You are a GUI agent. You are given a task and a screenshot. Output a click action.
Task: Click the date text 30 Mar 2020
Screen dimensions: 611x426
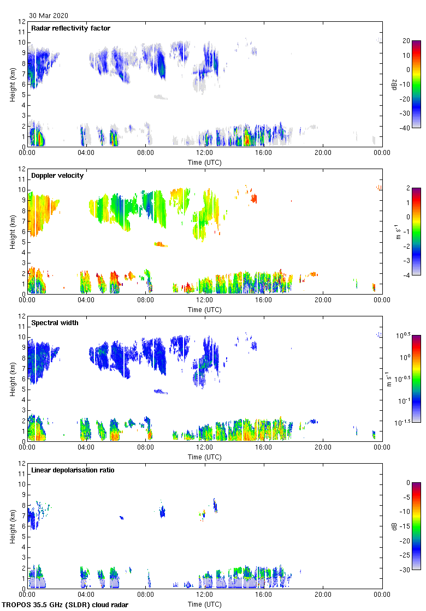(x=49, y=15)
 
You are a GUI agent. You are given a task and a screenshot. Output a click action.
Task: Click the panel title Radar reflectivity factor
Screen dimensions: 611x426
(x=71, y=28)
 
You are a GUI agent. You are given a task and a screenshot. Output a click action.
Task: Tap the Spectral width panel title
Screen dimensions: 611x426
(x=55, y=323)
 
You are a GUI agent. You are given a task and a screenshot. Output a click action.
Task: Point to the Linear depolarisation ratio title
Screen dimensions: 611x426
(x=73, y=470)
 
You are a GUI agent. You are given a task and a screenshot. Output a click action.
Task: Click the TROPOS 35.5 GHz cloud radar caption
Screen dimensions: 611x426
(x=66, y=605)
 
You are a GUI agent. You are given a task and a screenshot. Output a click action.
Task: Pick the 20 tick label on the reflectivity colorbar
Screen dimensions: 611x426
(x=406, y=41)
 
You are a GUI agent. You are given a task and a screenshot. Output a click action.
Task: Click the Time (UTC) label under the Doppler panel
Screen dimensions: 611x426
(x=205, y=310)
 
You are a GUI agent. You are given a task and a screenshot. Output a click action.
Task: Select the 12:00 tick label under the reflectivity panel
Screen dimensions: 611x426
(x=205, y=153)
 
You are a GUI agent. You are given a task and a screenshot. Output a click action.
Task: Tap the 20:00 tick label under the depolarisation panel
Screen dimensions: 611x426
(x=323, y=595)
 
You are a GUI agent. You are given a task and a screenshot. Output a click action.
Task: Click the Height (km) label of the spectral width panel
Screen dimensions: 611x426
(x=12, y=379)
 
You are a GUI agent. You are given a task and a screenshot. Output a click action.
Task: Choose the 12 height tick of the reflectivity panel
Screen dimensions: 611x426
(x=22, y=22)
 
